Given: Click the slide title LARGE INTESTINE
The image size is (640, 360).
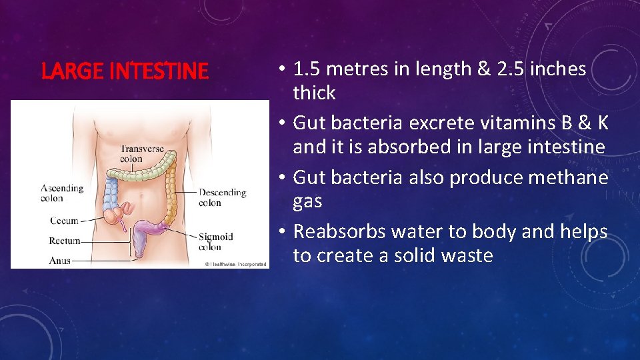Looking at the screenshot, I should (125, 71).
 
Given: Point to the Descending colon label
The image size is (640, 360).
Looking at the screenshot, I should (222, 197).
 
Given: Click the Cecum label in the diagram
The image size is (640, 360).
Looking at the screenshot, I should (64, 221).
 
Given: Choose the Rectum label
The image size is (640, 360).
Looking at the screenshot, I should (65, 241).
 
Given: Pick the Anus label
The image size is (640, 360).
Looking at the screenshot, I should (60, 261).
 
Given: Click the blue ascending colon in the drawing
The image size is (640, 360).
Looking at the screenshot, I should (111, 193).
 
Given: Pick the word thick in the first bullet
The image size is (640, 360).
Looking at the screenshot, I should (314, 93).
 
